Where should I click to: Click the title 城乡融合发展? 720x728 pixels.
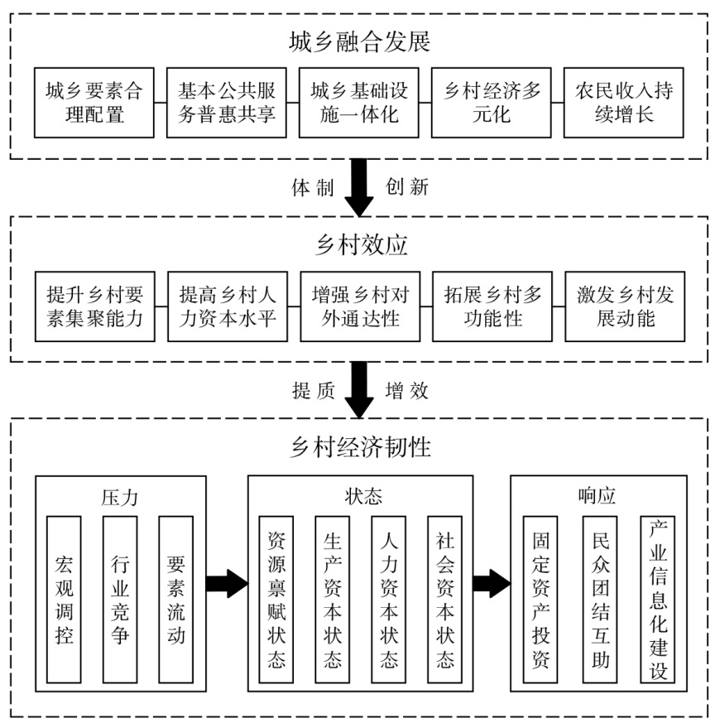click(360, 40)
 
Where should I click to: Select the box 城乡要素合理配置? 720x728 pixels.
click(94, 102)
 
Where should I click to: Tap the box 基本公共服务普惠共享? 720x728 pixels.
click(227, 102)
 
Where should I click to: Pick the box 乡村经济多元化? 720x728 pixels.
click(492, 102)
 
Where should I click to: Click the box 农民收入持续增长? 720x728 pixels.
click(624, 102)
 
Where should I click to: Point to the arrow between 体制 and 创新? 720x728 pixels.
click(359, 187)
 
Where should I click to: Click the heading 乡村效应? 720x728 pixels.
click(360, 244)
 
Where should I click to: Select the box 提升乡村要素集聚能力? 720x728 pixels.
click(94, 306)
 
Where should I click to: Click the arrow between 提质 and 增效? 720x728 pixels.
click(359, 390)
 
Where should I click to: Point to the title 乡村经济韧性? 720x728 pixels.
click(360, 447)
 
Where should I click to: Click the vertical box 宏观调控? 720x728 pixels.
click(64, 600)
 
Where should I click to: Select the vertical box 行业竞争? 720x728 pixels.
click(120, 600)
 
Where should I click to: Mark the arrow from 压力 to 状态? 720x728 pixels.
click(226, 583)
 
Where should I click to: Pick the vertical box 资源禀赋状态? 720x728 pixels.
click(276, 600)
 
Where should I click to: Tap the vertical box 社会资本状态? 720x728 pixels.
click(444, 600)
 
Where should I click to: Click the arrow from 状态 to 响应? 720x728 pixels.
click(492, 583)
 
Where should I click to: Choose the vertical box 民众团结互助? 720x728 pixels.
click(600, 600)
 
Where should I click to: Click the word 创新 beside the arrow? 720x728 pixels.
click(407, 187)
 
